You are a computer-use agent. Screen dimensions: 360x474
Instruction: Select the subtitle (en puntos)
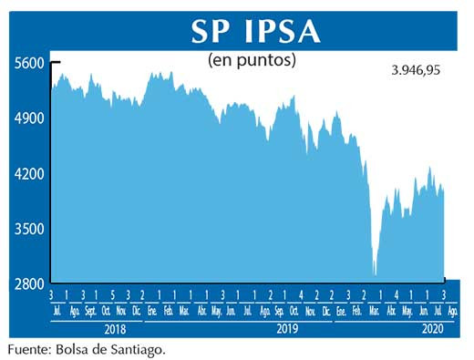(x=252, y=60)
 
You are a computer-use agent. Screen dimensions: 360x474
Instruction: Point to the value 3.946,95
(x=409, y=70)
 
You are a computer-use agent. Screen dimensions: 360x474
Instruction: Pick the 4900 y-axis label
(x=28, y=118)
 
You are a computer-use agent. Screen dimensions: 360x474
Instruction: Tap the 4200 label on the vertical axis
(x=28, y=173)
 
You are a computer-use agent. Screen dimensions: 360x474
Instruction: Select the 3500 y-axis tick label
(x=28, y=229)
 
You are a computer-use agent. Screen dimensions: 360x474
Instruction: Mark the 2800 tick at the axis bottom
(x=28, y=284)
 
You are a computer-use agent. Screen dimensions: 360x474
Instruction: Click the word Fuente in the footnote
(x=27, y=348)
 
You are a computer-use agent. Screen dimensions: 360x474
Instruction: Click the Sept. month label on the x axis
(x=90, y=310)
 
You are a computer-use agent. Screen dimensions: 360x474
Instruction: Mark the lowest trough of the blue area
(x=375, y=273)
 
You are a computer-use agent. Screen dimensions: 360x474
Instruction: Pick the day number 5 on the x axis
(x=111, y=295)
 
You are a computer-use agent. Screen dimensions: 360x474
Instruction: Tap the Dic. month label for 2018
(x=137, y=310)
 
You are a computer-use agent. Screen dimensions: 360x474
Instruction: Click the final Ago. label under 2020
(x=453, y=310)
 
